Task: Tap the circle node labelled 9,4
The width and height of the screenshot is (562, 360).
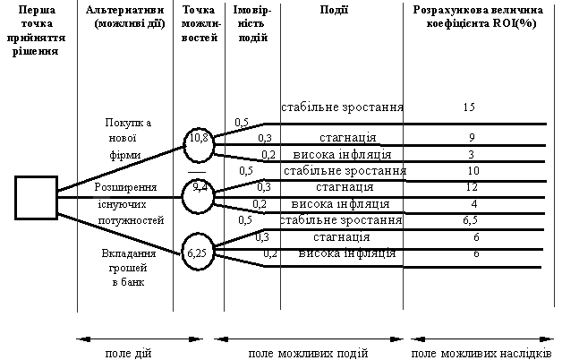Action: coord(199,191)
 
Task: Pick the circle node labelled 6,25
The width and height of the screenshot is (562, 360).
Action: coord(199,253)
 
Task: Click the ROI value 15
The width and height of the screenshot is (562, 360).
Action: coord(469,107)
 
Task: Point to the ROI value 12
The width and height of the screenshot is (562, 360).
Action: coord(473,187)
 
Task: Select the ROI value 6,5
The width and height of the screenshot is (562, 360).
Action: coord(473,220)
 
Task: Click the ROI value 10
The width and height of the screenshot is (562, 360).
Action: coord(473,171)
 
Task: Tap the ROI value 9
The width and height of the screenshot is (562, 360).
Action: coord(472,138)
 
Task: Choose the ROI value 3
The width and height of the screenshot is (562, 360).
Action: coord(472,154)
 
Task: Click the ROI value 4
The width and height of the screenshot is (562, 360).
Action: coord(473,204)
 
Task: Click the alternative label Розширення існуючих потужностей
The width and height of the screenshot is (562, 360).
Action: coord(126,203)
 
